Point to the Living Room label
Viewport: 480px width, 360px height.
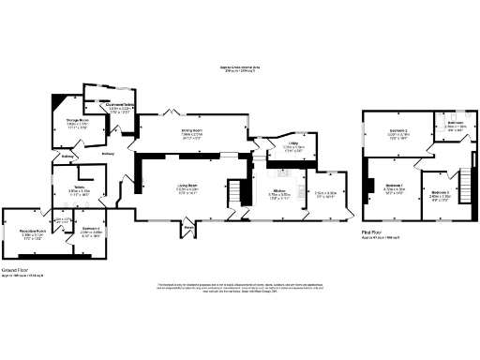[x=187, y=187]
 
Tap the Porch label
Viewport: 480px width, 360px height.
[x=188, y=227]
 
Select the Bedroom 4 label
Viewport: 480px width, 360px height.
[x=91, y=230]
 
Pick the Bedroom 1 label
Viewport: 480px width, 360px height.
[x=394, y=187]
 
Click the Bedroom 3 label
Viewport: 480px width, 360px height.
[x=439, y=193]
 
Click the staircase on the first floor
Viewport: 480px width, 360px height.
[x=464, y=177]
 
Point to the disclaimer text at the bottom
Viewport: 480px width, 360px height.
[x=240, y=288]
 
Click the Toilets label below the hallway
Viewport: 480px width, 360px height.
[x=80, y=187]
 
